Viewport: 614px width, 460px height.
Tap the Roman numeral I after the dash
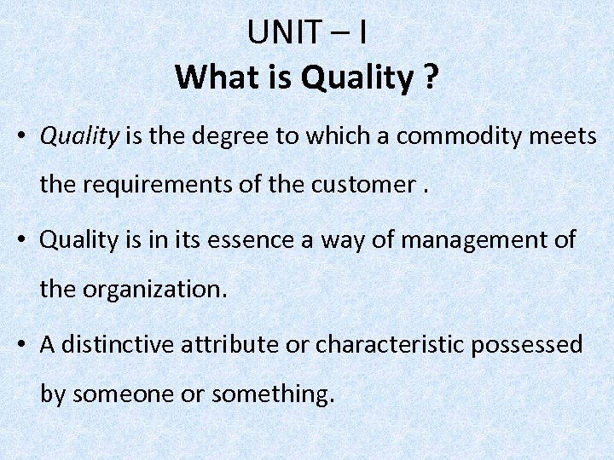[x=363, y=33]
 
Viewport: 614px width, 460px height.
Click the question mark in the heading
[x=431, y=78]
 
